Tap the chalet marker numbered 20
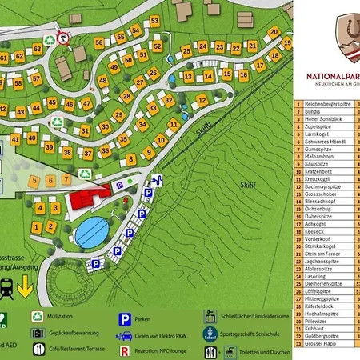pyautogui.click(x=274, y=33)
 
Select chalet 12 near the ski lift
pyautogui.click(x=202, y=100)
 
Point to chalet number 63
pyautogui.click(x=37, y=49)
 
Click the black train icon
pyautogui.click(x=7, y=286)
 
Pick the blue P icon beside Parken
pyautogui.click(x=126, y=317)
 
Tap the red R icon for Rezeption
pyautogui.click(x=126, y=350)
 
